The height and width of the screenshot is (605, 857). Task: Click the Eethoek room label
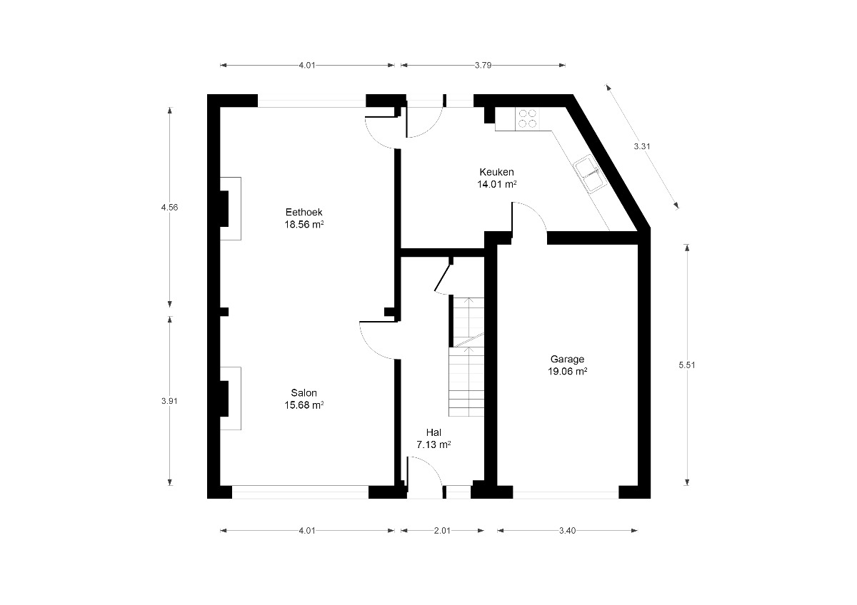coord(304,212)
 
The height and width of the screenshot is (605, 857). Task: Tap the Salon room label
coord(304,393)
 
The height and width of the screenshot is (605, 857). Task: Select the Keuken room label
coord(496,172)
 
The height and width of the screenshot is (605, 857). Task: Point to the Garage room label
coord(567,360)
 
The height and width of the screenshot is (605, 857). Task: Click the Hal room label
coord(434,432)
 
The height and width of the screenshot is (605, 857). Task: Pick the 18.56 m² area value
coord(304,224)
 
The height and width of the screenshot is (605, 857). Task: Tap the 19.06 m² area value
coord(567,372)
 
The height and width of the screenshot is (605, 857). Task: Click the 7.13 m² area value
coord(434,445)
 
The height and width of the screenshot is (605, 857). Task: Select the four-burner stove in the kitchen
coord(527,118)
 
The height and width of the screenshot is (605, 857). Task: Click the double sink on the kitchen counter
coord(591,174)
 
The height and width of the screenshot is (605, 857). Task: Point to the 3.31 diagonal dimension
coord(642,146)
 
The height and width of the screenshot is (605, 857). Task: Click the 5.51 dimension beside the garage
coord(687,365)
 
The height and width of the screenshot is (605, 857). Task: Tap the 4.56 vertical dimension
coord(169,208)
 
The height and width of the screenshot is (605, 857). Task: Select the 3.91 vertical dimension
coord(169,401)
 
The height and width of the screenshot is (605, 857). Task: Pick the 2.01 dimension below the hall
coord(442,531)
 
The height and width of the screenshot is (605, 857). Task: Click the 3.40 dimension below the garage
coord(567,531)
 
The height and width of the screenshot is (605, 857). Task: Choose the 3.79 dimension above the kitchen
coord(483,66)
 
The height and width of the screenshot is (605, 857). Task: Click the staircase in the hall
coord(466,357)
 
